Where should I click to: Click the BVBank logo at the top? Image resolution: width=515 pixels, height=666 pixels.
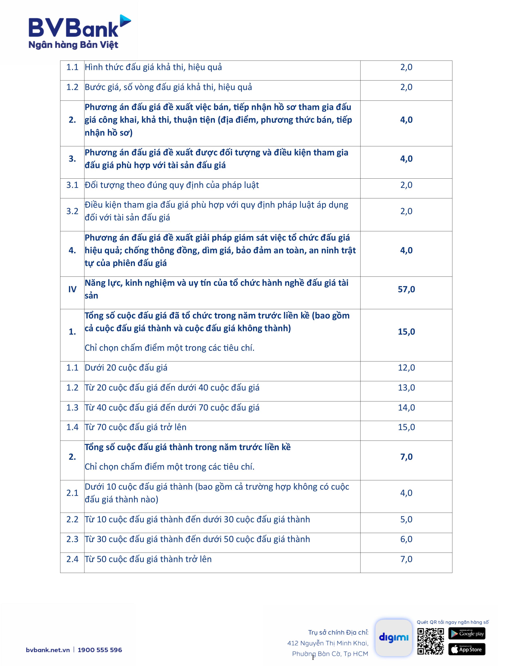click(x=79, y=32)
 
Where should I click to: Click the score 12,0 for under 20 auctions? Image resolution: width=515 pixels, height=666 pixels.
click(x=406, y=368)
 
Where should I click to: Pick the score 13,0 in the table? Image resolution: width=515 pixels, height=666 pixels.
click(x=406, y=387)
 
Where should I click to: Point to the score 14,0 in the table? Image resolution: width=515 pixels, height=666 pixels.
click(x=406, y=407)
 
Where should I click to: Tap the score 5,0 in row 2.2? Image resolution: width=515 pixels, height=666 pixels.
click(x=406, y=519)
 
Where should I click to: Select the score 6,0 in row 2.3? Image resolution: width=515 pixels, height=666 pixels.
click(x=406, y=539)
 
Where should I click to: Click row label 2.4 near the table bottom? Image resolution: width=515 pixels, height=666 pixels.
click(x=72, y=559)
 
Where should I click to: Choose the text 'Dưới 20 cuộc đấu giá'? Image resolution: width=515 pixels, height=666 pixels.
click(x=126, y=368)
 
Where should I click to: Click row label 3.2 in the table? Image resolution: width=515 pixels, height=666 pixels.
click(x=72, y=211)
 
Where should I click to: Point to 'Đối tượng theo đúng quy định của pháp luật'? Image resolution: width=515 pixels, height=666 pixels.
click(x=172, y=185)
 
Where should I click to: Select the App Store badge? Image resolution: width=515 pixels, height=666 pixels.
click(x=467, y=649)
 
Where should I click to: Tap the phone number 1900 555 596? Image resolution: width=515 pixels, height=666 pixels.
click(x=100, y=650)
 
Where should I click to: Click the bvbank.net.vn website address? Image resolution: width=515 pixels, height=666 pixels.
click(x=48, y=650)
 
